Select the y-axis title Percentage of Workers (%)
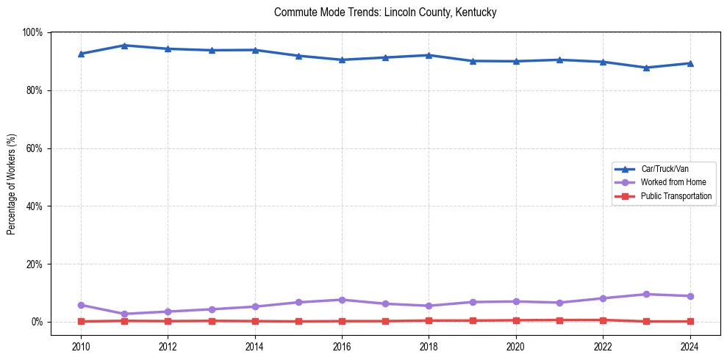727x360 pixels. point(11,184)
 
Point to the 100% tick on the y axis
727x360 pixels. point(33,32)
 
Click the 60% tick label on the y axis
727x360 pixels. point(35,148)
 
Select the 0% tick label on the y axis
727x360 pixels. point(37,322)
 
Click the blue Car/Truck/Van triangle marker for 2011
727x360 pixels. point(124,46)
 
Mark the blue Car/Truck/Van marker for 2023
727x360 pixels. point(646,68)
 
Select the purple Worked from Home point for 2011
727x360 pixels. point(124,314)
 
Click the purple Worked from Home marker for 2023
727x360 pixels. point(646,294)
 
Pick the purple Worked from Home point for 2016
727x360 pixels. point(342,300)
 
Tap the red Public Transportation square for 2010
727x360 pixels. point(81,321)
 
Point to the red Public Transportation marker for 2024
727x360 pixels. point(690,321)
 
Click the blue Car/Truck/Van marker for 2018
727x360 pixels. point(429,55)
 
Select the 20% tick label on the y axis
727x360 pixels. point(35,264)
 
